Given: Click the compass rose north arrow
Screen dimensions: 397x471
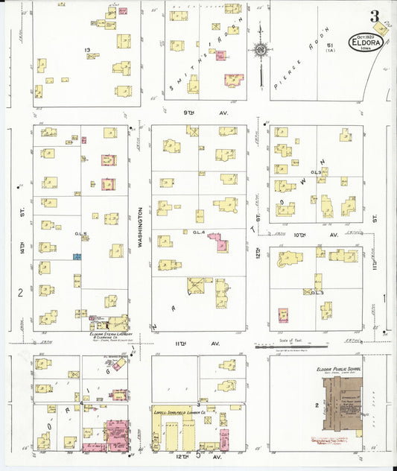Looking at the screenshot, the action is (x=261, y=50).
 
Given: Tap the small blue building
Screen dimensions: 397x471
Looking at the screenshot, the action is (x=76, y=256).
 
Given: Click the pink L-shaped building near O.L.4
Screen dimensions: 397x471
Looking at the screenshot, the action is (x=219, y=244).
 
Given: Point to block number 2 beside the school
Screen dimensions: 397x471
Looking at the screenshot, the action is (x=317, y=405).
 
